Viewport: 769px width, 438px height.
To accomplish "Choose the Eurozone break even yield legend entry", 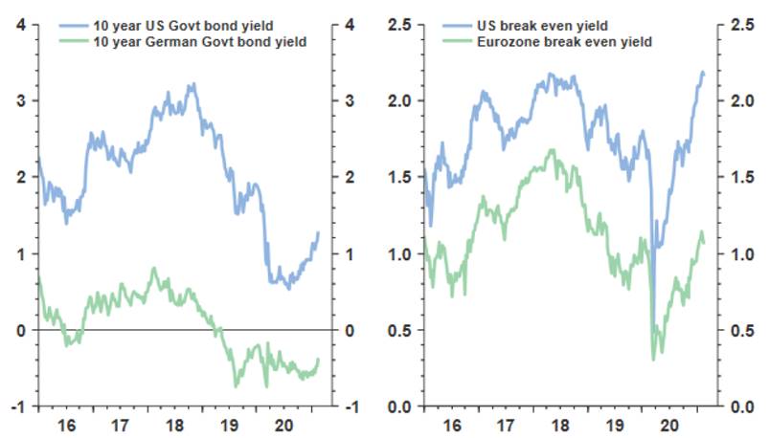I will [555, 43].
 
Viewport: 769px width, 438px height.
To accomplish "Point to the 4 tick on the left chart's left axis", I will [22, 24].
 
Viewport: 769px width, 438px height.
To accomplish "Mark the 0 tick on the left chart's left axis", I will [22, 330].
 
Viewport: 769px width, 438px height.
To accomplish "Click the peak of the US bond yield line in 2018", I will [193, 84].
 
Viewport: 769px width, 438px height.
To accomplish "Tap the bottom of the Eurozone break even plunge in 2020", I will [653, 360].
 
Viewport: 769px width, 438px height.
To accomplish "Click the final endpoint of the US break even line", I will [703, 73].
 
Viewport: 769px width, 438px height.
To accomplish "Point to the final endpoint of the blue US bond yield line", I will [318, 232].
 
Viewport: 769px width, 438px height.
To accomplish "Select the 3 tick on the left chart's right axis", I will [351, 100].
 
